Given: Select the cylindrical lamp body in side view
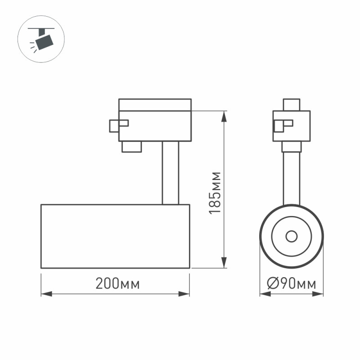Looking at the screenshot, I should pyautogui.click(x=115, y=236).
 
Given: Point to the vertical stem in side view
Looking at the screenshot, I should pyautogui.click(x=171, y=173).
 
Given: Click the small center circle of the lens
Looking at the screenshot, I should pyautogui.click(x=291, y=236).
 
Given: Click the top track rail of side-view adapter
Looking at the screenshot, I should pyautogui.click(x=155, y=104).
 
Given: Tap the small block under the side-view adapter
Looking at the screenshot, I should pyautogui.click(x=131, y=147).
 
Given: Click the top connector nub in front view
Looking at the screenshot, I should pyautogui.click(x=292, y=104).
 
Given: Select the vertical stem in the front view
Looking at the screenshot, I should pyautogui.click(x=292, y=178).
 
